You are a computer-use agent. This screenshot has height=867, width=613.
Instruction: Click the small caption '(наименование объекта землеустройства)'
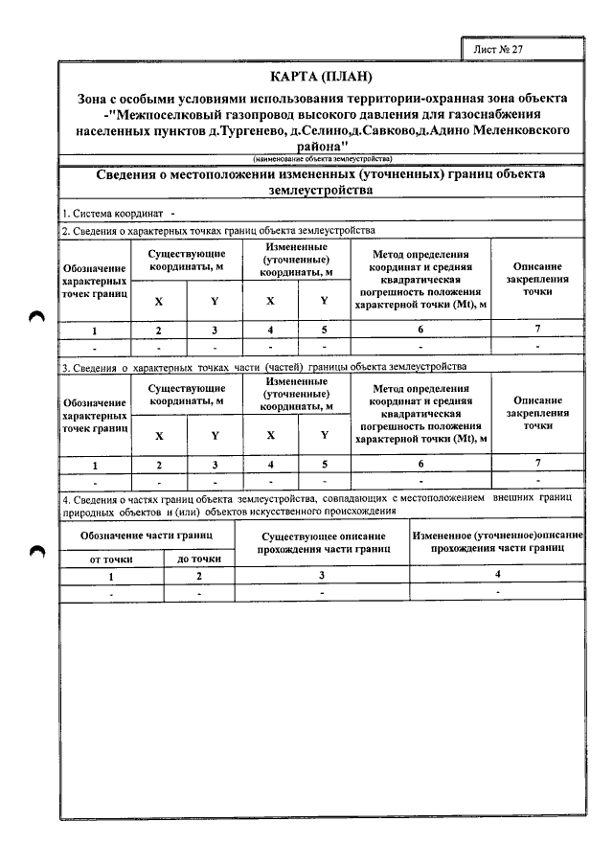pyautogui.click(x=321, y=158)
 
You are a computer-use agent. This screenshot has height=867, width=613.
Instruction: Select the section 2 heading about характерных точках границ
pyautogui.click(x=218, y=230)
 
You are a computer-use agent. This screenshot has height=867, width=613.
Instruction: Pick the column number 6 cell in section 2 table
pyautogui.click(x=420, y=330)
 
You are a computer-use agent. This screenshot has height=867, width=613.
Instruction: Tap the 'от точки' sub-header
pyautogui.click(x=111, y=558)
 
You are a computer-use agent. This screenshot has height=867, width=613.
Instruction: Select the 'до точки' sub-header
pyautogui.click(x=199, y=558)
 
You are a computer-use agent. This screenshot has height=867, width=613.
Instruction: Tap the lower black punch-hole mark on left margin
pyautogui.click(x=37, y=551)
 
